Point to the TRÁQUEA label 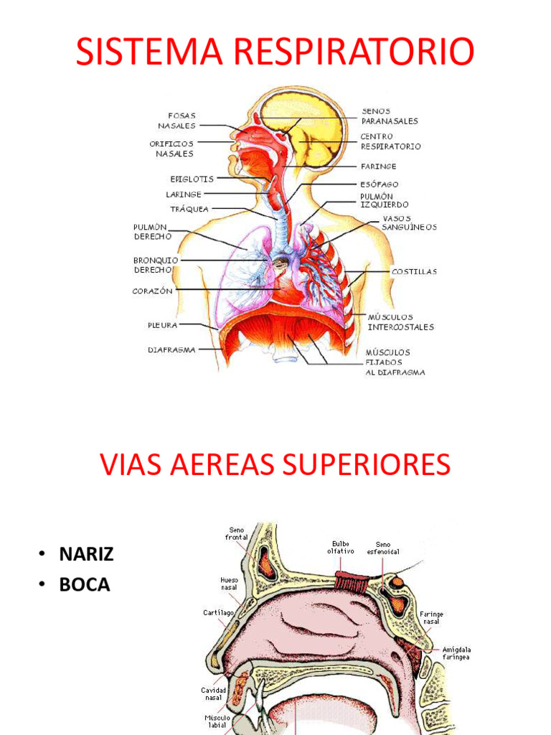[x=189, y=209]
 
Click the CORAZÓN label [x=153, y=291]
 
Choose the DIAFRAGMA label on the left [x=171, y=350]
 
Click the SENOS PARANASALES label [x=390, y=116]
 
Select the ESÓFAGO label [x=380, y=184]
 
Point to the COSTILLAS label [x=414, y=271]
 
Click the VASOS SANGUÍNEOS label [x=408, y=222]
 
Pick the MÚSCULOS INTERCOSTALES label [x=400, y=322]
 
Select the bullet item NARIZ [x=86, y=554]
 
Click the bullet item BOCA [x=85, y=584]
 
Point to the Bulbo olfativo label [x=341, y=548]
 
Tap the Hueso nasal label [x=230, y=583]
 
